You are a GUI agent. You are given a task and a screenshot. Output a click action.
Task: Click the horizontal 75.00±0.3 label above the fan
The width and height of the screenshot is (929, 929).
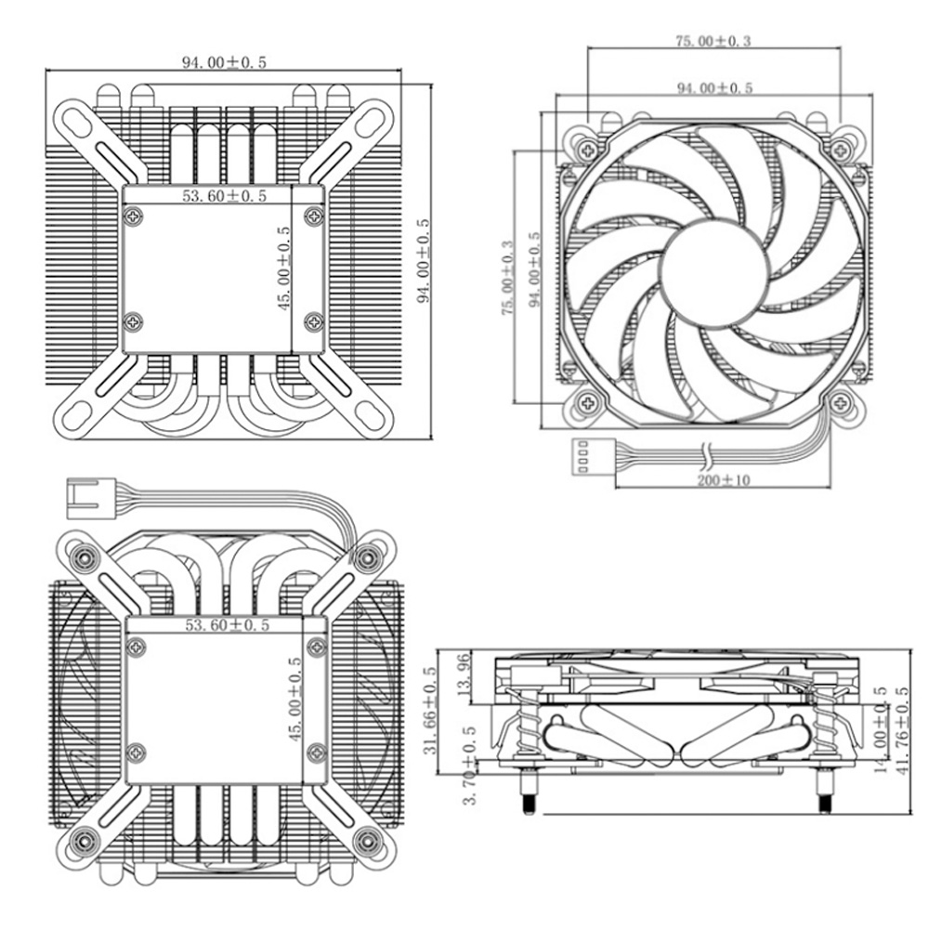pos(713,42)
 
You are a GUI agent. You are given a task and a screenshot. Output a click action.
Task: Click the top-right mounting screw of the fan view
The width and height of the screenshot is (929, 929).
pos(842,148)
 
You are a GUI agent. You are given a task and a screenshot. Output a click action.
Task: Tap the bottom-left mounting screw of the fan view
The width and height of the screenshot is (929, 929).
pos(586,402)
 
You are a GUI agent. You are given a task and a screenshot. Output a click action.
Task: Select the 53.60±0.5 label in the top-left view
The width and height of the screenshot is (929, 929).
pos(224,196)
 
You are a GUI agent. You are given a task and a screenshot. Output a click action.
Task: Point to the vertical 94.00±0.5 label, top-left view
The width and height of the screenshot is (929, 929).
pos(423,261)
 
